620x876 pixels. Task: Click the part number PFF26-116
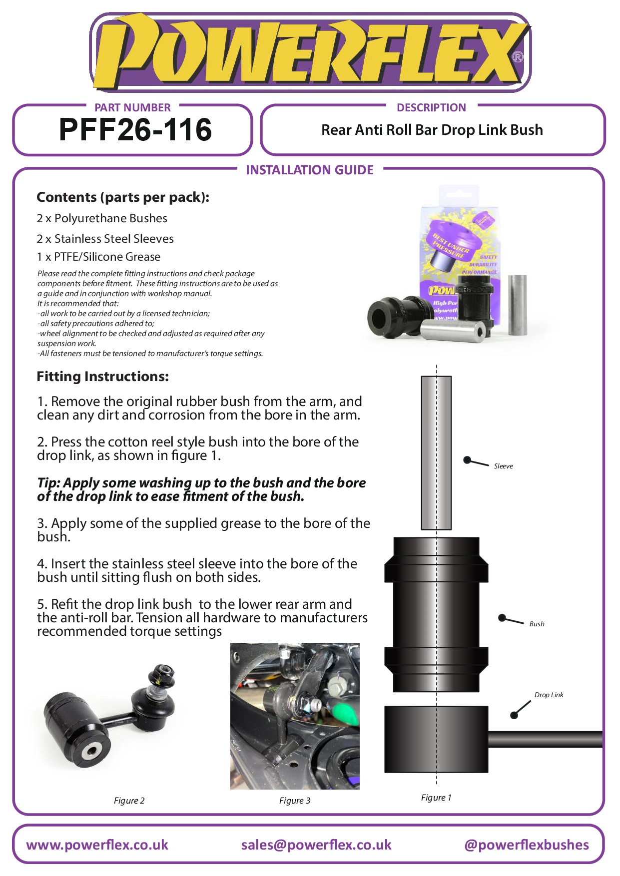[x=135, y=129]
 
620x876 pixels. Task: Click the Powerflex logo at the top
[x=310, y=52]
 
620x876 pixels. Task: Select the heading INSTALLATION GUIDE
[x=310, y=170]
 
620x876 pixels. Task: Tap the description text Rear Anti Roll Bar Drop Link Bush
[x=432, y=130]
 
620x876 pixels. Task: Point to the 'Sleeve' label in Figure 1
[x=503, y=466]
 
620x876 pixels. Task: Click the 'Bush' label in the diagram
[x=537, y=624]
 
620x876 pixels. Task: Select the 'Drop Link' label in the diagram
[x=549, y=695]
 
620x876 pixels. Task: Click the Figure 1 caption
[x=436, y=798]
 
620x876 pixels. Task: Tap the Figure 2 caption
[x=129, y=801]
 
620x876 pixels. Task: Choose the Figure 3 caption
[x=294, y=801]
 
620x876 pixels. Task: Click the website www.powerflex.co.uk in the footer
[x=97, y=845]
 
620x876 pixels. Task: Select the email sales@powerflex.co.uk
[x=316, y=845]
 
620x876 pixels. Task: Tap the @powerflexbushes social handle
[x=527, y=845]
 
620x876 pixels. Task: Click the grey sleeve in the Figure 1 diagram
[x=436, y=452]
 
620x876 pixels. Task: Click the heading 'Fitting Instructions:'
[x=102, y=377]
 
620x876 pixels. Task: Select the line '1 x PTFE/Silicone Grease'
[x=98, y=257]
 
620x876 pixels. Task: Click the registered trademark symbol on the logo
[x=518, y=57]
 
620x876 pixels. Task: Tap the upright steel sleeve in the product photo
[x=518, y=305]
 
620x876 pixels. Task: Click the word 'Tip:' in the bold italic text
[x=48, y=483]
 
